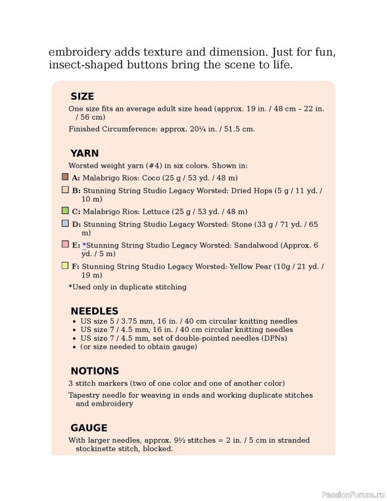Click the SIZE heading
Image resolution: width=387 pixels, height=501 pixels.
[82, 96]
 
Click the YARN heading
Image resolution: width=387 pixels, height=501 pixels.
[85, 153]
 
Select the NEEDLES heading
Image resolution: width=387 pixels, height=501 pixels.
[94, 311]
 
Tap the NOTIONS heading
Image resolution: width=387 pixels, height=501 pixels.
[95, 371]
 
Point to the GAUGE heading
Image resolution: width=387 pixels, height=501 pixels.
[89, 428]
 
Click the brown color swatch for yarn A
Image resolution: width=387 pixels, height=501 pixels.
[65, 177]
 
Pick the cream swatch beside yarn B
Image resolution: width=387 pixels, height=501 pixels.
[65, 189]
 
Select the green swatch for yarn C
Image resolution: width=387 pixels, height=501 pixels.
[65, 210]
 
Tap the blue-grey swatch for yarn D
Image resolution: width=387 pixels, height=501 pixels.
[65, 223]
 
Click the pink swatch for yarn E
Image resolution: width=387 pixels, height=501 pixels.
[65, 244]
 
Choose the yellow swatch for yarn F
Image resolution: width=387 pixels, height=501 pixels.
[65, 266]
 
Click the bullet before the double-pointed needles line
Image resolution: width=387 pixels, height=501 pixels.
[75, 339]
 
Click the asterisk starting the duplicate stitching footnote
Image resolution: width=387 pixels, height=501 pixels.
[70, 287]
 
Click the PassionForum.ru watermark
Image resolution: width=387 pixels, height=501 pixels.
[351, 493]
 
